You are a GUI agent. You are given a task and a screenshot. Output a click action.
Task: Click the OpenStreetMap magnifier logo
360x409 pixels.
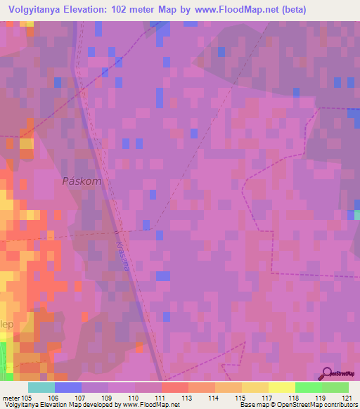(326, 374)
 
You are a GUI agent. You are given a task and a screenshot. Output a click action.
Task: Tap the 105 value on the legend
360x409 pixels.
(27, 398)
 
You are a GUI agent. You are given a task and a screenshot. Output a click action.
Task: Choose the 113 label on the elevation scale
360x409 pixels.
(188, 398)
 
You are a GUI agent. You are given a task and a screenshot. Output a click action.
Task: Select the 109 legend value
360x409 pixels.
(108, 398)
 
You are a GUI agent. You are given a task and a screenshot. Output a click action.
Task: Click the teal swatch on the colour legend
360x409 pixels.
(41, 387)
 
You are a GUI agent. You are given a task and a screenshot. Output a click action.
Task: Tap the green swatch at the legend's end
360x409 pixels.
(335, 387)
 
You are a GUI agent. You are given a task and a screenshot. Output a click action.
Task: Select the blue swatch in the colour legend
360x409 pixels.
(67, 387)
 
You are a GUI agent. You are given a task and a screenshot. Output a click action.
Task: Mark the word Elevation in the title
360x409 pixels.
(93, 9)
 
